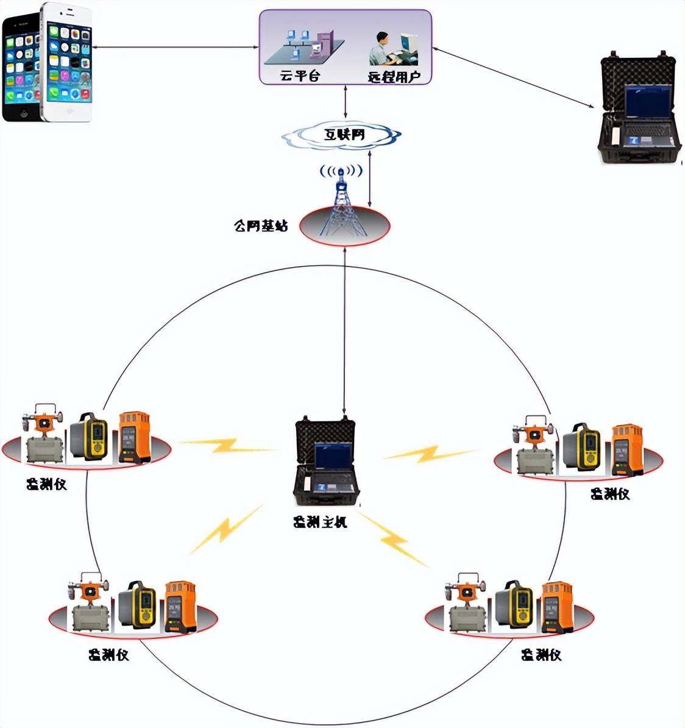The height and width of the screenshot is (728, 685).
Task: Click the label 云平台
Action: (x=299, y=76)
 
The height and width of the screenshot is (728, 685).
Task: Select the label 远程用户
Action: (x=394, y=77)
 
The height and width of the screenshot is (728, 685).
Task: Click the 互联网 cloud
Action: (x=344, y=135)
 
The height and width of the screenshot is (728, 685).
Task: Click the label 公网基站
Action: (x=261, y=226)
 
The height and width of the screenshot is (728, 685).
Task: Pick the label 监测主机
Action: (x=320, y=522)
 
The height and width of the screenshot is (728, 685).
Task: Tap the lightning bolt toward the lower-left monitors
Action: (x=225, y=529)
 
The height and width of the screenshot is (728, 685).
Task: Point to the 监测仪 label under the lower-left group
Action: (x=108, y=655)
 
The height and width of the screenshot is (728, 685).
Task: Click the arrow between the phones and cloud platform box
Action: (x=177, y=47)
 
